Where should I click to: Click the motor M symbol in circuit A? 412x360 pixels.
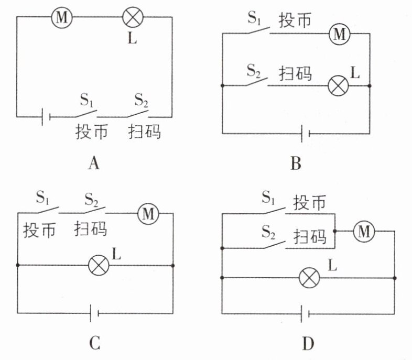[62, 18]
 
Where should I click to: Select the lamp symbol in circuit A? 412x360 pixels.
[133, 17]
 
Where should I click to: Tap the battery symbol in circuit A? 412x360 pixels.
[46, 117]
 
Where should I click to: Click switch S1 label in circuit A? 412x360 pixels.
[86, 100]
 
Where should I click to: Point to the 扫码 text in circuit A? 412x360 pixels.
[144, 132]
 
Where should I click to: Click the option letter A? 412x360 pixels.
[94, 163]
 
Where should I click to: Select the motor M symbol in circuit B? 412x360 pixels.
[340, 34]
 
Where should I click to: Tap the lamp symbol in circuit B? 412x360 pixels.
[339, 85]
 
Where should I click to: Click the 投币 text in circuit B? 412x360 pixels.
[295, 20]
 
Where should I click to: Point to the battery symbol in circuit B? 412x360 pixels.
[305, 134]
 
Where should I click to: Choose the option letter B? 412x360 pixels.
[296, 163]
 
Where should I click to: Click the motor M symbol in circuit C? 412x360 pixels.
[148, 213]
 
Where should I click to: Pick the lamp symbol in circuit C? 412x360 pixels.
[99, 265]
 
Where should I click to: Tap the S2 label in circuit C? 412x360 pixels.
[91, 199]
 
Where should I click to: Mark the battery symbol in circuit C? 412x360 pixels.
[94, 313]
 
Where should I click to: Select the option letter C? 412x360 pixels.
[94, 343]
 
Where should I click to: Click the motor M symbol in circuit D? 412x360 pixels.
[364, 231]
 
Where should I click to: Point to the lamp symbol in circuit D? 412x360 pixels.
[310, 278]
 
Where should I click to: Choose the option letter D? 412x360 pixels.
[308, 343]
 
